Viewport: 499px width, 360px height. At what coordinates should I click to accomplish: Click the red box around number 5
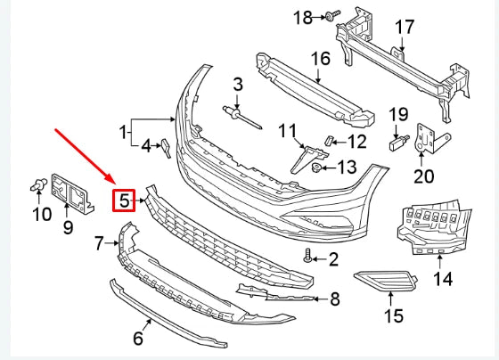coord(124,200)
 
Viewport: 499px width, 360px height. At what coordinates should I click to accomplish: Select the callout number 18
coord(304,17)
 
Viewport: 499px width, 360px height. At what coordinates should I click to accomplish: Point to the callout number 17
coord(405,27)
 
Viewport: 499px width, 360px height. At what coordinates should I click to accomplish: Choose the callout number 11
coord(285,132)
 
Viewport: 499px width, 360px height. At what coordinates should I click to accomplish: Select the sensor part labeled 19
coord(397,140)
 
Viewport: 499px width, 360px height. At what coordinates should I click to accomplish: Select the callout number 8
coord(333,299)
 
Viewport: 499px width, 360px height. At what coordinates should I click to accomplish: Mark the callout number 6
coord(138,338)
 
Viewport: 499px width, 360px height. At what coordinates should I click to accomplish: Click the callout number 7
coord(100,241)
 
